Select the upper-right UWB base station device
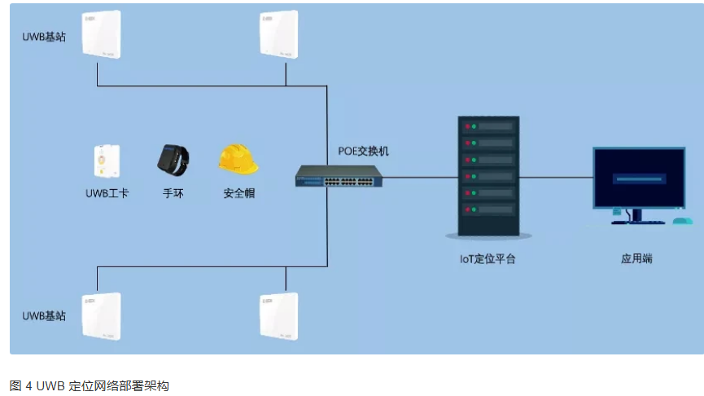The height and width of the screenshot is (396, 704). pyautogui.click(x=285, y=34)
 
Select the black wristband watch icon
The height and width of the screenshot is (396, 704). pyautogui.click(x=173, y=158)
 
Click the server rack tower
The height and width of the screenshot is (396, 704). pyautogui.click(x=488, y=176)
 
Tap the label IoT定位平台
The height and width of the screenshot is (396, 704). pyautogui.click(x=488, y=259)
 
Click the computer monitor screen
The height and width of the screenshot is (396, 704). pyautogui.click(x=638, y=178)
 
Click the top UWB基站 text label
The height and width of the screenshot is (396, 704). pyautogui.click(x=44, y=37)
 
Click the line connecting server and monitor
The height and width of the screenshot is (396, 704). pyautogui.click(x=555, y=176)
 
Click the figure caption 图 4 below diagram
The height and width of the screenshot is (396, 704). pyautogui.click(x=89, y=385)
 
